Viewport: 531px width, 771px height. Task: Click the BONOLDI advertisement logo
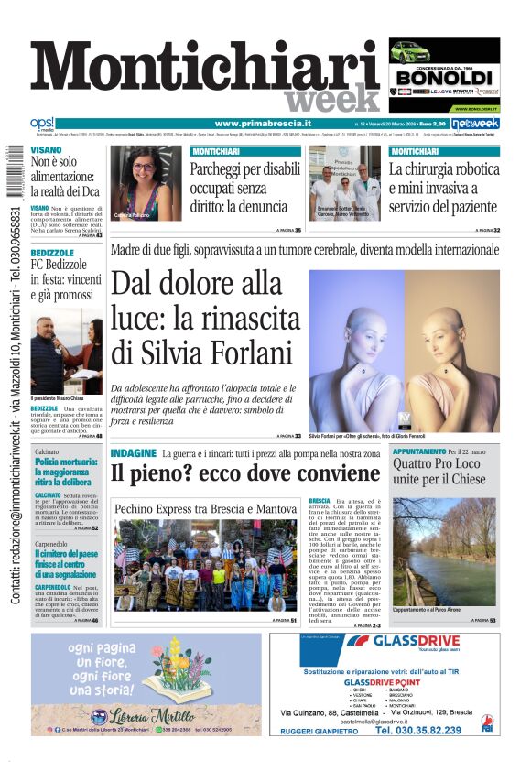[x=444, y=78]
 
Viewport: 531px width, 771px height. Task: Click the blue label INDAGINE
[x=132, y=454]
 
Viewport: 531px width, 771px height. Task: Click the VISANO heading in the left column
[x=46, y=149]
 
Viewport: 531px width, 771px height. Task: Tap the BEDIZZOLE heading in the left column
[x=51, y=252]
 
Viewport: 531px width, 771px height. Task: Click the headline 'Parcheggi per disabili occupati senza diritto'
[x=244, y=188]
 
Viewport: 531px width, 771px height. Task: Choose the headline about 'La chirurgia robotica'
[x=443, y=188]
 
